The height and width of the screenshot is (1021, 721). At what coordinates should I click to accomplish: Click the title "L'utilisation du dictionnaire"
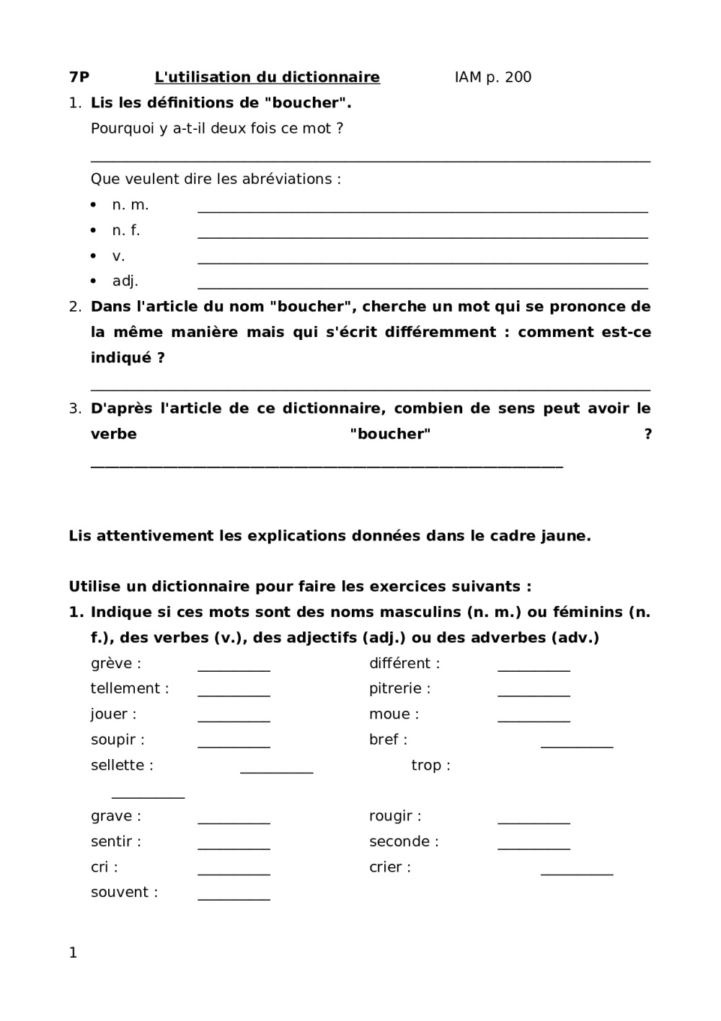coord(267,77)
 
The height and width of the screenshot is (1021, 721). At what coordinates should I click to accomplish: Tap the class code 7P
coord(79,77)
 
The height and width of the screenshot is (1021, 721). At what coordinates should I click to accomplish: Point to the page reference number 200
coord(518,77)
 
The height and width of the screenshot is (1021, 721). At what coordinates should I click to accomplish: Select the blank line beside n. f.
coord(423,237)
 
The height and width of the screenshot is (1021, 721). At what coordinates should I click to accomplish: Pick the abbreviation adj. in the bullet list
coord(125,281)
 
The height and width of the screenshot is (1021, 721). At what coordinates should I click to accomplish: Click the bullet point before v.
coord(94,256)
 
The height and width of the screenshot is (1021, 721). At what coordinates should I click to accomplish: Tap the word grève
coord(112,664)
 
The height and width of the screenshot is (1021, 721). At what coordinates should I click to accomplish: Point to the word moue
coord(389,714)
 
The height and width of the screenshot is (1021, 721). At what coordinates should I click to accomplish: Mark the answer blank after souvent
coord(234,899)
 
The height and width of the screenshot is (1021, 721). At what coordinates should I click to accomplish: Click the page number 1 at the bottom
coord(73,953)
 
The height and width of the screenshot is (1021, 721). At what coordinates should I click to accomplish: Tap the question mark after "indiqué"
coord(161,358)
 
